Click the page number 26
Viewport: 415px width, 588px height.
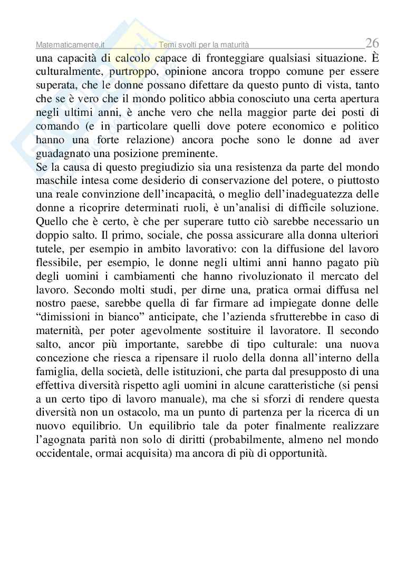(x=372, y=43)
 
